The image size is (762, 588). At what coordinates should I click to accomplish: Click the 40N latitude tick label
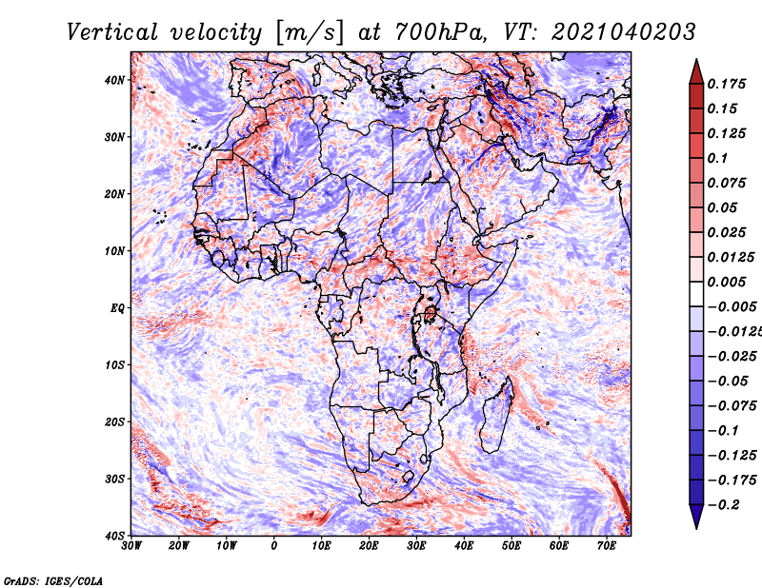coord(114,80)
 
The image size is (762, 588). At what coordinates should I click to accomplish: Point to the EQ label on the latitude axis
coord(117,308)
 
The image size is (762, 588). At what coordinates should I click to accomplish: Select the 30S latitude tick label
coord(114,480)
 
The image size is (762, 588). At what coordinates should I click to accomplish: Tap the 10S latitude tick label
coord(114,365)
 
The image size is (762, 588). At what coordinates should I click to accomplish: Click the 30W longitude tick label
coord(131,546)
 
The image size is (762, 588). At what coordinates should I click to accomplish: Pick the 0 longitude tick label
coord(274,546)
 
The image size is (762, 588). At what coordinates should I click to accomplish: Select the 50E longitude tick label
coord(511,546)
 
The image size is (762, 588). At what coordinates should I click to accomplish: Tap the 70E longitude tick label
coord(607,546)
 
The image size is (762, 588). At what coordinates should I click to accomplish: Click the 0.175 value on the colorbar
coord(727,84)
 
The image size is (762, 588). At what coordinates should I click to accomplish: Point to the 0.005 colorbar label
coord(727,282)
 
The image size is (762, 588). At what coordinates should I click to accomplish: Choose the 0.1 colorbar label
coord(718,158)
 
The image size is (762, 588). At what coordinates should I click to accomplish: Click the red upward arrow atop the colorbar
coord(696,71)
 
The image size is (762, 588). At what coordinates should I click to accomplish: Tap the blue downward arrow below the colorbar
coord(696,517)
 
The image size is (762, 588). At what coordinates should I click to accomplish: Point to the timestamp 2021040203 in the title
coord(624,32)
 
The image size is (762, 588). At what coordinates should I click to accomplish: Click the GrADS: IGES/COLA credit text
coord(53,580)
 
